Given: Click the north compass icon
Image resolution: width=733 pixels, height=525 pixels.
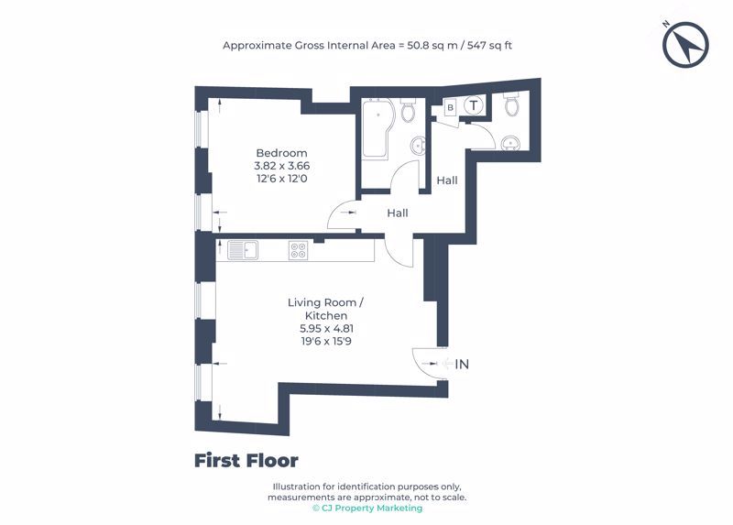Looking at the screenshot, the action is [685, 45].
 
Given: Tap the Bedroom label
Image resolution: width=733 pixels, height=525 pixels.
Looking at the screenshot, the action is [281, 153].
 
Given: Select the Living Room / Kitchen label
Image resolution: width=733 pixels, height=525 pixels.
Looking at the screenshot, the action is [326, 309].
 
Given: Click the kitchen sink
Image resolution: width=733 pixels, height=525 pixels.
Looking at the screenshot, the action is [243, 249].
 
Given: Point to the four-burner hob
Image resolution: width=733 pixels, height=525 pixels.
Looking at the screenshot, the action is [299, 249].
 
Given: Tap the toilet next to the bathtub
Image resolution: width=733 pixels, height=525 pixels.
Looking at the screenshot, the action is [408, 109].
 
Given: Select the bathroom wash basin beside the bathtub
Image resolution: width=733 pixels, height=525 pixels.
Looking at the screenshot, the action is [419, 146].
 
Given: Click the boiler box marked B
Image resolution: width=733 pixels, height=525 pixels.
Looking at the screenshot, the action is [450, 107].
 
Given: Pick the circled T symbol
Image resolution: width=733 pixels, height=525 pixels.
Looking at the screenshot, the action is [474, 105].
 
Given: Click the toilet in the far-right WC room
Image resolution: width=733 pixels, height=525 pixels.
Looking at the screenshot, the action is [511, 104].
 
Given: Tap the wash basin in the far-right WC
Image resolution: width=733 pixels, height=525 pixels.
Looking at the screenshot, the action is [510, 143].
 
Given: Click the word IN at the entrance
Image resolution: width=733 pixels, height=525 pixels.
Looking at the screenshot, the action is [462, 364].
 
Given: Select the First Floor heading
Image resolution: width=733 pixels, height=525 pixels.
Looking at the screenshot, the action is [246, 461].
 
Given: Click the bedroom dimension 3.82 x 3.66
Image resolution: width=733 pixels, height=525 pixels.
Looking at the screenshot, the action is [282, 166].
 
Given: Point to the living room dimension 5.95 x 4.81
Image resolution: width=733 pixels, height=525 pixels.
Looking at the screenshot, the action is [326, 328].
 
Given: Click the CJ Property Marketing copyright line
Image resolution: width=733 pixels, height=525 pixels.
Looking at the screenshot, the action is [367, 509].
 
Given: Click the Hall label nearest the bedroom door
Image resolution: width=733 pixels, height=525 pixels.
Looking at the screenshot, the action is [398, 213].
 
